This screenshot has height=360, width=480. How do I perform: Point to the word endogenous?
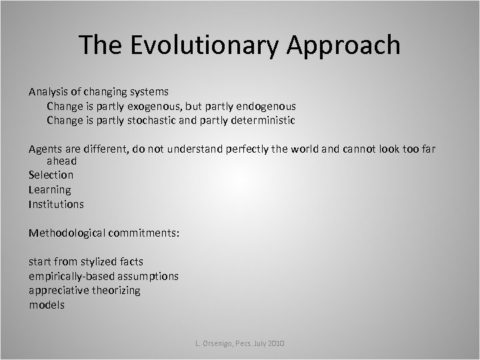(x=265, y=106)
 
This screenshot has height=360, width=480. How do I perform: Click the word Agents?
(x=45, y=149)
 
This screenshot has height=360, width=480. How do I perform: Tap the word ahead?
(x=61, y=161)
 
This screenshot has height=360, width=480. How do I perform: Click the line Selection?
(x=51, y=175)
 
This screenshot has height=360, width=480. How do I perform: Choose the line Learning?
(x=49, y=189)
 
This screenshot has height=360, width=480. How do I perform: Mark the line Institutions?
(x=56, y=204)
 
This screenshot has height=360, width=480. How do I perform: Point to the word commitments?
(x=147, y=233)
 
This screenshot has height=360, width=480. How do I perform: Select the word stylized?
(x=99, y=261)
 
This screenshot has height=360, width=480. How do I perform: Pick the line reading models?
(x=46, y=305)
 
